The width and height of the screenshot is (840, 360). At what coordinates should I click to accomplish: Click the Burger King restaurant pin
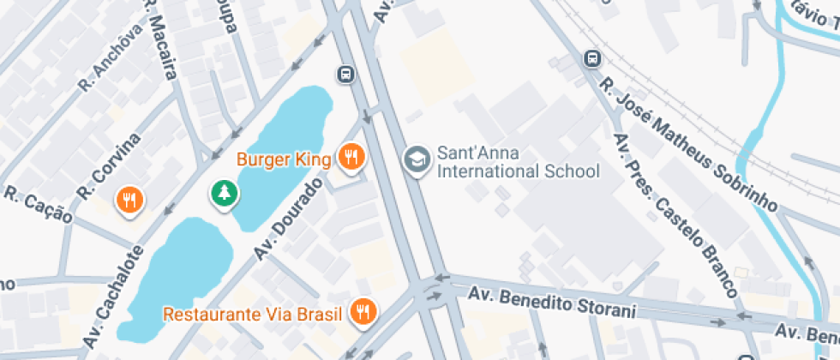(351, 157)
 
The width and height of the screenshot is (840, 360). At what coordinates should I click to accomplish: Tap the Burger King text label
(284, 159)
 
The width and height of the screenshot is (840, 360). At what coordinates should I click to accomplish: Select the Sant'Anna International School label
(518, 163)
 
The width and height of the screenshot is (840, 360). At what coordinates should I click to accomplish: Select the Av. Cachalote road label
(114, 297)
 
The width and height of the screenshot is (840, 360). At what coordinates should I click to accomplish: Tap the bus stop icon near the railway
(591, 58)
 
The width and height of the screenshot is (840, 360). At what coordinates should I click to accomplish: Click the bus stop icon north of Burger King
(345, 74)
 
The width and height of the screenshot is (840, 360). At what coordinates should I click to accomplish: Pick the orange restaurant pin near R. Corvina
(129, 201)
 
